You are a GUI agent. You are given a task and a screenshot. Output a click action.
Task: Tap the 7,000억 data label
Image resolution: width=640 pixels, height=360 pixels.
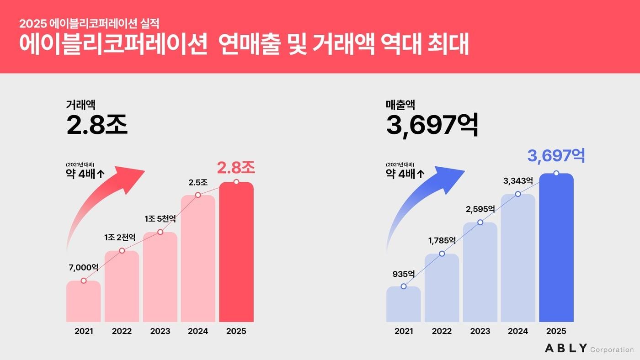click(84, 267)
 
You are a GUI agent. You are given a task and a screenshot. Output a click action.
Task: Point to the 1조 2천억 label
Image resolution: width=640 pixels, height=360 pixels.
click(120, 238)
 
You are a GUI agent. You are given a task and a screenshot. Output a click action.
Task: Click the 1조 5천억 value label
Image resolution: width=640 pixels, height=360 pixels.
click(160, 219)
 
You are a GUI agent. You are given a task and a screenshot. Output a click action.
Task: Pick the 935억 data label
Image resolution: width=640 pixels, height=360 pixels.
click(403, 274)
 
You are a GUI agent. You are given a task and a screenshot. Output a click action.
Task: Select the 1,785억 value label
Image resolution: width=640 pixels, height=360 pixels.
click(441, 241)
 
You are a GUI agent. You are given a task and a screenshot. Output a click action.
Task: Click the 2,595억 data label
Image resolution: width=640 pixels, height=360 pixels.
click(480, 209)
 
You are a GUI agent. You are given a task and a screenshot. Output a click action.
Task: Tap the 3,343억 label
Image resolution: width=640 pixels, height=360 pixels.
click(518, 181)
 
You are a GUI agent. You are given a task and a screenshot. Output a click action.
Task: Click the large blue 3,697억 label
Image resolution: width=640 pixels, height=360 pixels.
click(556, 156)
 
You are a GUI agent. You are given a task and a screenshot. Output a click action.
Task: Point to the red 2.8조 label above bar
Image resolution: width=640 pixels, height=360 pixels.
click(236, 168)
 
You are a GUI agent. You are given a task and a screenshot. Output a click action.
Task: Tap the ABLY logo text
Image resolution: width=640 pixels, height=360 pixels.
click(566, 348)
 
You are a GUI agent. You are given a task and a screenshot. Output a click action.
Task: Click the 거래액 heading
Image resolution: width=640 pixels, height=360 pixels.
click(80, 105)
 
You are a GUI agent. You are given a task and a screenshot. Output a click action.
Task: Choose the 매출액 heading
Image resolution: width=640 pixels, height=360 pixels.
click(400, 105)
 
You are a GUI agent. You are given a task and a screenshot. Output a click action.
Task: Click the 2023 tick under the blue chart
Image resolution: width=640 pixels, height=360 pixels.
click(480, 331)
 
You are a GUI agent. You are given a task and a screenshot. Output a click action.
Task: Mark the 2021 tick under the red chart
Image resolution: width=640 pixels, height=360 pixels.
click(84, 331)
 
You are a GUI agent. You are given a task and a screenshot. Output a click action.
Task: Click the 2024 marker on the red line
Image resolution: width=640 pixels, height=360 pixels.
click(198, 195)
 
